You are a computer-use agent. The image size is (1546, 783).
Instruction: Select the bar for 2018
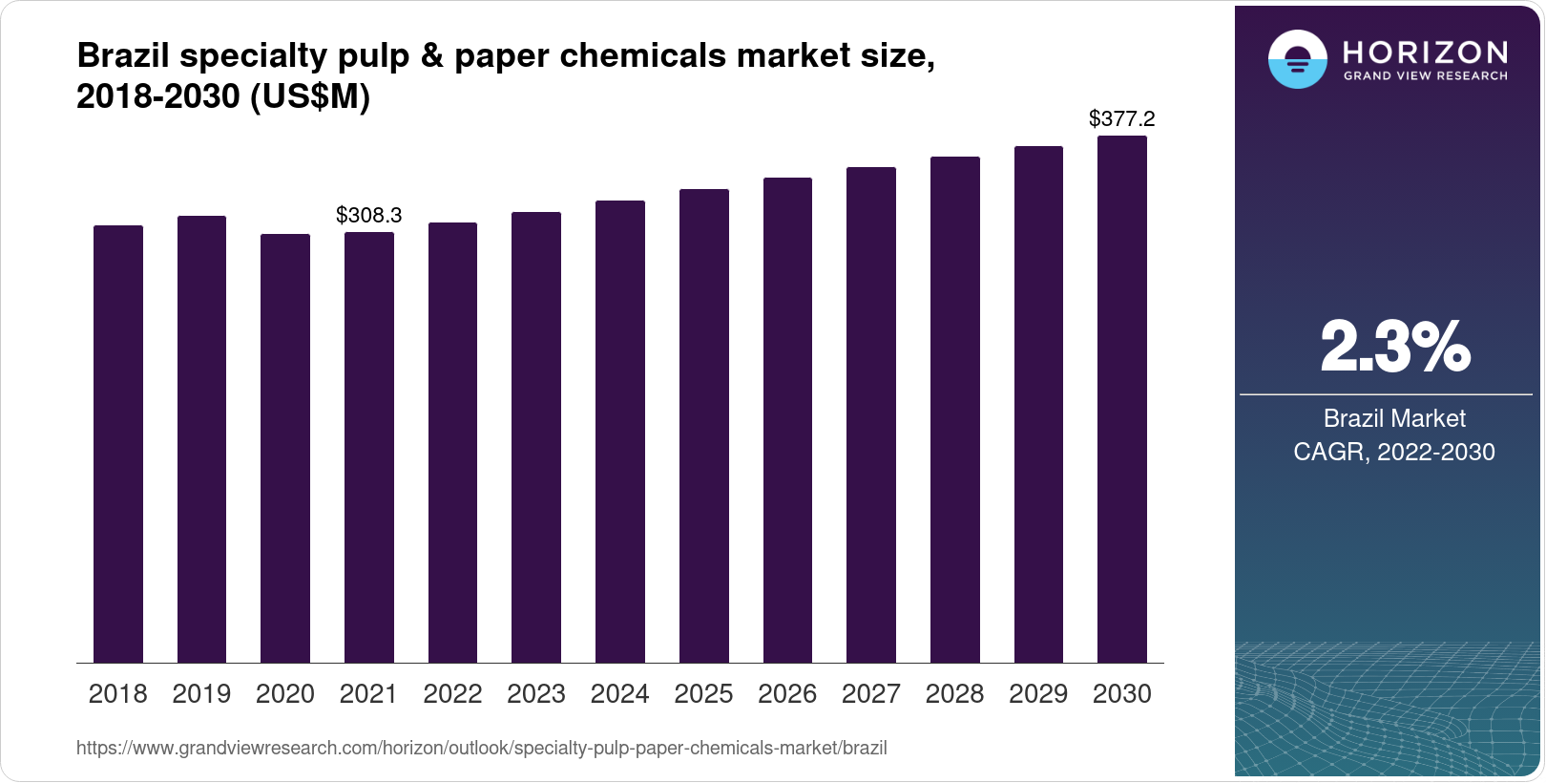click(x=118, y=444)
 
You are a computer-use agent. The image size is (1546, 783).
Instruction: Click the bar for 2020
click(x=285, y=449)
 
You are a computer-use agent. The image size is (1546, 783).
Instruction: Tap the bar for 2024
click(x=620, y=432)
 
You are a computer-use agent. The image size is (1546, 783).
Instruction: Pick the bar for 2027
click(x=871, y=415)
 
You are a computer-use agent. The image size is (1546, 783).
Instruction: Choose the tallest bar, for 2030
click(x=1122, y=399)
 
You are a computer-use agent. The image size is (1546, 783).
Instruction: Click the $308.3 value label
click(x=369, y=216)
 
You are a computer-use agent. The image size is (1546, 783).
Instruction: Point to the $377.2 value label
click(x=1122, y=119)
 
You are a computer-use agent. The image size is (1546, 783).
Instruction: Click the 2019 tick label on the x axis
click(x=201, y=694)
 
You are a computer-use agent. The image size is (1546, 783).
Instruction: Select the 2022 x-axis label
click(x=452, y=694)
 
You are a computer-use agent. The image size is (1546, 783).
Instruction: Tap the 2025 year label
click(x=703, y=694)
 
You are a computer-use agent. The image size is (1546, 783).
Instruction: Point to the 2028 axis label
click(x=954, y=694)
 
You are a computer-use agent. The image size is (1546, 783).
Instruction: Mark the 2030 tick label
click(x=1122, y=694)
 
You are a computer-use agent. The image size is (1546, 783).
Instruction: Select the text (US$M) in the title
click(x=309, y=97)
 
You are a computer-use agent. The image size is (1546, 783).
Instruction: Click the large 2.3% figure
click(x=1394, y=347)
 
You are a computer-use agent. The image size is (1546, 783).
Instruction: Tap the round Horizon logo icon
click(x=1297, y=60)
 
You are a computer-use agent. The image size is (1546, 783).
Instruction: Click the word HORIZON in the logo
click(x=1426, y=52)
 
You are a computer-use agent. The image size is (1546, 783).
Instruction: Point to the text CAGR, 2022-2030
click(x=1394, y=452)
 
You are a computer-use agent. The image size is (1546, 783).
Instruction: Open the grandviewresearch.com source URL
click(x=482, y=749)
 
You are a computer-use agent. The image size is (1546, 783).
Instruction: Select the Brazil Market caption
click(x=1394, y=418)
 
